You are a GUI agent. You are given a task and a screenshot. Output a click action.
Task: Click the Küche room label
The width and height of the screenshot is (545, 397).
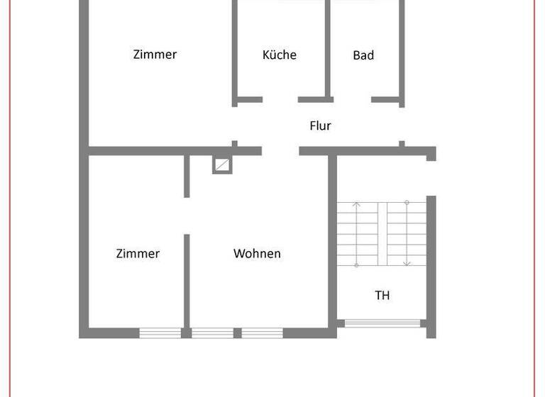pos(279,55)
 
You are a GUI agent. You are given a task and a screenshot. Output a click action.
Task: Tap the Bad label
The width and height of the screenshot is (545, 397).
pos(363,55)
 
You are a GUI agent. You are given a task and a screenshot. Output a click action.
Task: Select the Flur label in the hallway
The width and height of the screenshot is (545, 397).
pos(320,126)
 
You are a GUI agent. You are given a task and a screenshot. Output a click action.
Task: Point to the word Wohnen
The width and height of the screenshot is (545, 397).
pos(257,253)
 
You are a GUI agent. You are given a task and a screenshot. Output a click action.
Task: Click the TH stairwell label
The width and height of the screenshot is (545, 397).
pos(382,295)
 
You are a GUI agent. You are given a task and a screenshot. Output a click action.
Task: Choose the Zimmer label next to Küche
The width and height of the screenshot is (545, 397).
pos(155,54)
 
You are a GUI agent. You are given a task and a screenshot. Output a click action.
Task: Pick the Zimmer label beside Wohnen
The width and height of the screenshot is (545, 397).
pos(138,253)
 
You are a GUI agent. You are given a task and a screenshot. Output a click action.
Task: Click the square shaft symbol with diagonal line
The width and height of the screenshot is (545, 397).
pos(222,165)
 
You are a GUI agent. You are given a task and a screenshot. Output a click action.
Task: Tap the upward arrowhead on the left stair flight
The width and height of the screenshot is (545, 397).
pos(357,206)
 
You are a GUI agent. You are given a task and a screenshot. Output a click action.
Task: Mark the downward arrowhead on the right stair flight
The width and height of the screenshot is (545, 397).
pos(407,264)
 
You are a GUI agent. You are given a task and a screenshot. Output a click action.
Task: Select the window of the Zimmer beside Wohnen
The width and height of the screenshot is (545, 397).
pos(160,332)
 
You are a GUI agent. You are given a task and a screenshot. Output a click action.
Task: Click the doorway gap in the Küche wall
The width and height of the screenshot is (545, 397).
pos(280,99)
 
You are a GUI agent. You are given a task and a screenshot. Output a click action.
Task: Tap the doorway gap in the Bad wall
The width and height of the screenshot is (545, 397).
pos(353,99)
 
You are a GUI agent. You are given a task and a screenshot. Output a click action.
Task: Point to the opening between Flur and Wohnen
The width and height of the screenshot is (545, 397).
pos(280,150)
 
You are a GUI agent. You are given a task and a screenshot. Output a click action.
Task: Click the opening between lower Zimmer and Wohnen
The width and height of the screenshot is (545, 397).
pos(187,216)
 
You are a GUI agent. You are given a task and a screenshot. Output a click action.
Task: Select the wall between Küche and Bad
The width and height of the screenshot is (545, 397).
pos(329,50)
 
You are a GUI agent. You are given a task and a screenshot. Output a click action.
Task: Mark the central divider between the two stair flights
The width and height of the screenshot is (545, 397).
pos(382,234)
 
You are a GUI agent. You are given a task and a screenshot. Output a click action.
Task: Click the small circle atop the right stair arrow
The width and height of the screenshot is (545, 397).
pos(407,203)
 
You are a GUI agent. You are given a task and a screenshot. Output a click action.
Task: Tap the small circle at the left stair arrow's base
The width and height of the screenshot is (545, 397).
pos(357,265)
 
